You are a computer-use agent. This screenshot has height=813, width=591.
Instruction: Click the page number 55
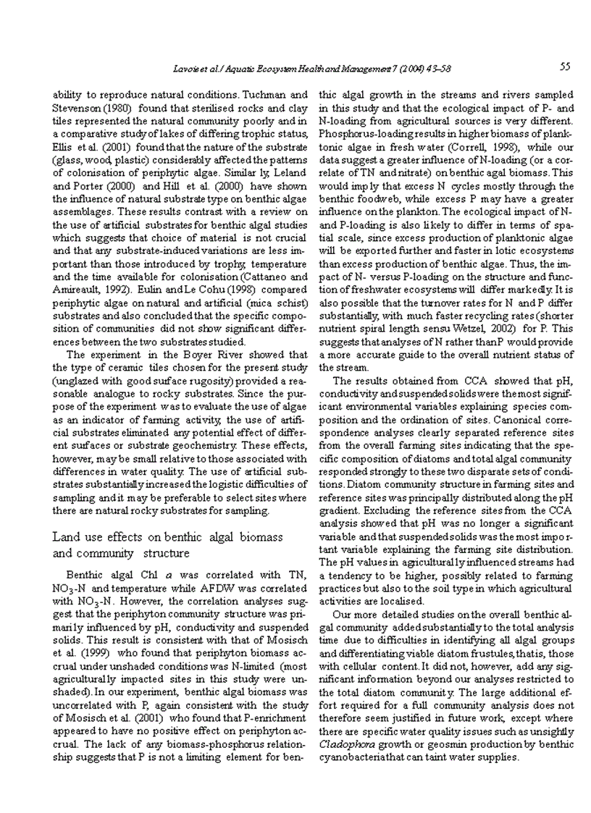[x=565, y=67]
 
